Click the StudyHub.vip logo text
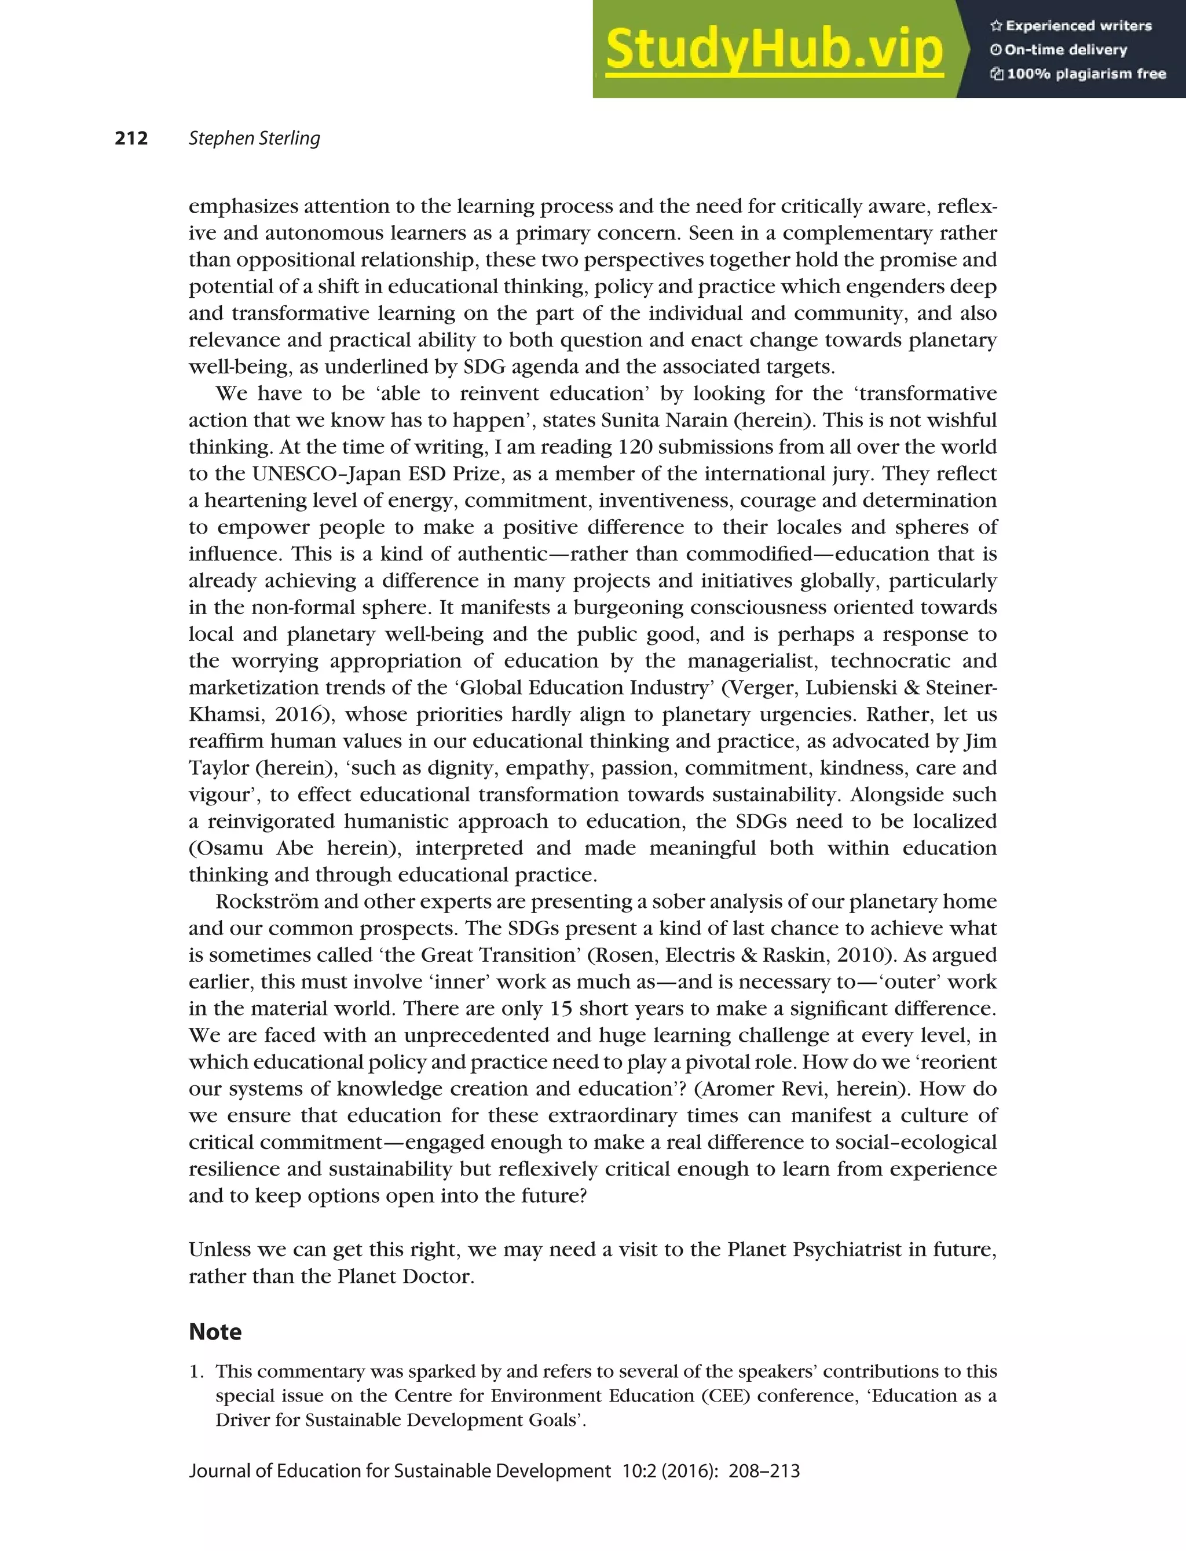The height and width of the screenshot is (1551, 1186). [x=774, y=49]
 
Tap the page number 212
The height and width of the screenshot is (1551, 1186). [x=131, y=138]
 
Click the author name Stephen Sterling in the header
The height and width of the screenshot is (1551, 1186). [x=254, y=138]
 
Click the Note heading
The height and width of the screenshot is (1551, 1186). [x=215, y=1332]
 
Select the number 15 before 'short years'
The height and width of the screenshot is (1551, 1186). [x=561, y=1009]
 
